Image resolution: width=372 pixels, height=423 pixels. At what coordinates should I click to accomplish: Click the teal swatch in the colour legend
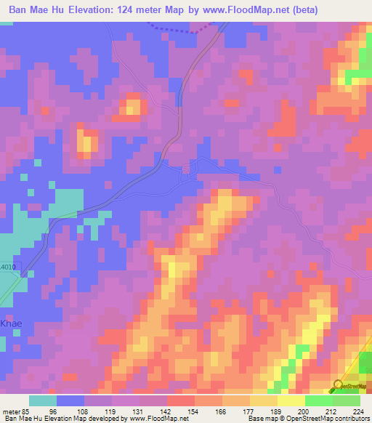tap(42, 400)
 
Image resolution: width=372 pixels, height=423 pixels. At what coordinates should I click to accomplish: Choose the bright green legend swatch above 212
tap(318, 400)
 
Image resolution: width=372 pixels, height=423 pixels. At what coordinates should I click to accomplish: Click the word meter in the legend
tap(11, 411)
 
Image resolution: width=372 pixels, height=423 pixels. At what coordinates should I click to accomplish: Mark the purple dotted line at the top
tap(182, 29)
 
